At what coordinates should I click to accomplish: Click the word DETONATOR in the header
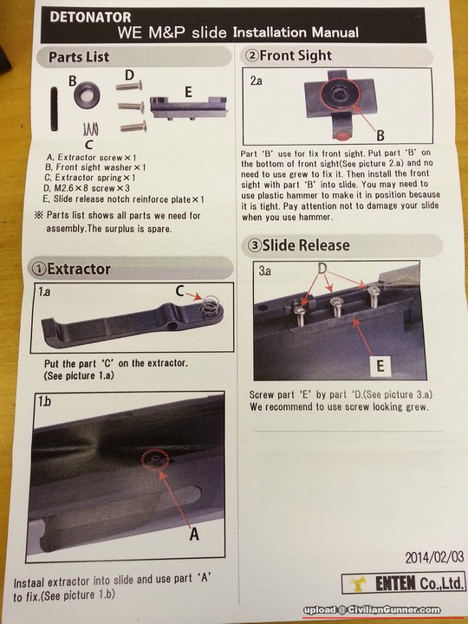point(90,17)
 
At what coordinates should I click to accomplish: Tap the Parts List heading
point(79,57)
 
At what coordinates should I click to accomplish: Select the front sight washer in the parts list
point(87,94)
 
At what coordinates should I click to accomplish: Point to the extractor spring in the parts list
point(91,129)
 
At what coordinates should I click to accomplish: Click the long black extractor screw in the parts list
point(54,108)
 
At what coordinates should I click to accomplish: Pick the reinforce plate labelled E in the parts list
point(188,107)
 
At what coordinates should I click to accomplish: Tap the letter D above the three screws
point(129,75)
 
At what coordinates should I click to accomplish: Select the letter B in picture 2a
point(380,136)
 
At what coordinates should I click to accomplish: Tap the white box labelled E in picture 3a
point(380,366)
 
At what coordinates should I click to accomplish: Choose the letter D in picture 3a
point(322,269)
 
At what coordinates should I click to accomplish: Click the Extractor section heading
point(71,269)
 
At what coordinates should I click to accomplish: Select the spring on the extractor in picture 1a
point(210,305)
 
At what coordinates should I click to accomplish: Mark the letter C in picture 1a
point(180,291)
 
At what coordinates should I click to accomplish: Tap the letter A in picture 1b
point(194,534)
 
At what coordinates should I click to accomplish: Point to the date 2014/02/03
point(434,557)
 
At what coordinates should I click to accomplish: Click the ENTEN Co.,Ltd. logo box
point(403,583)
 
